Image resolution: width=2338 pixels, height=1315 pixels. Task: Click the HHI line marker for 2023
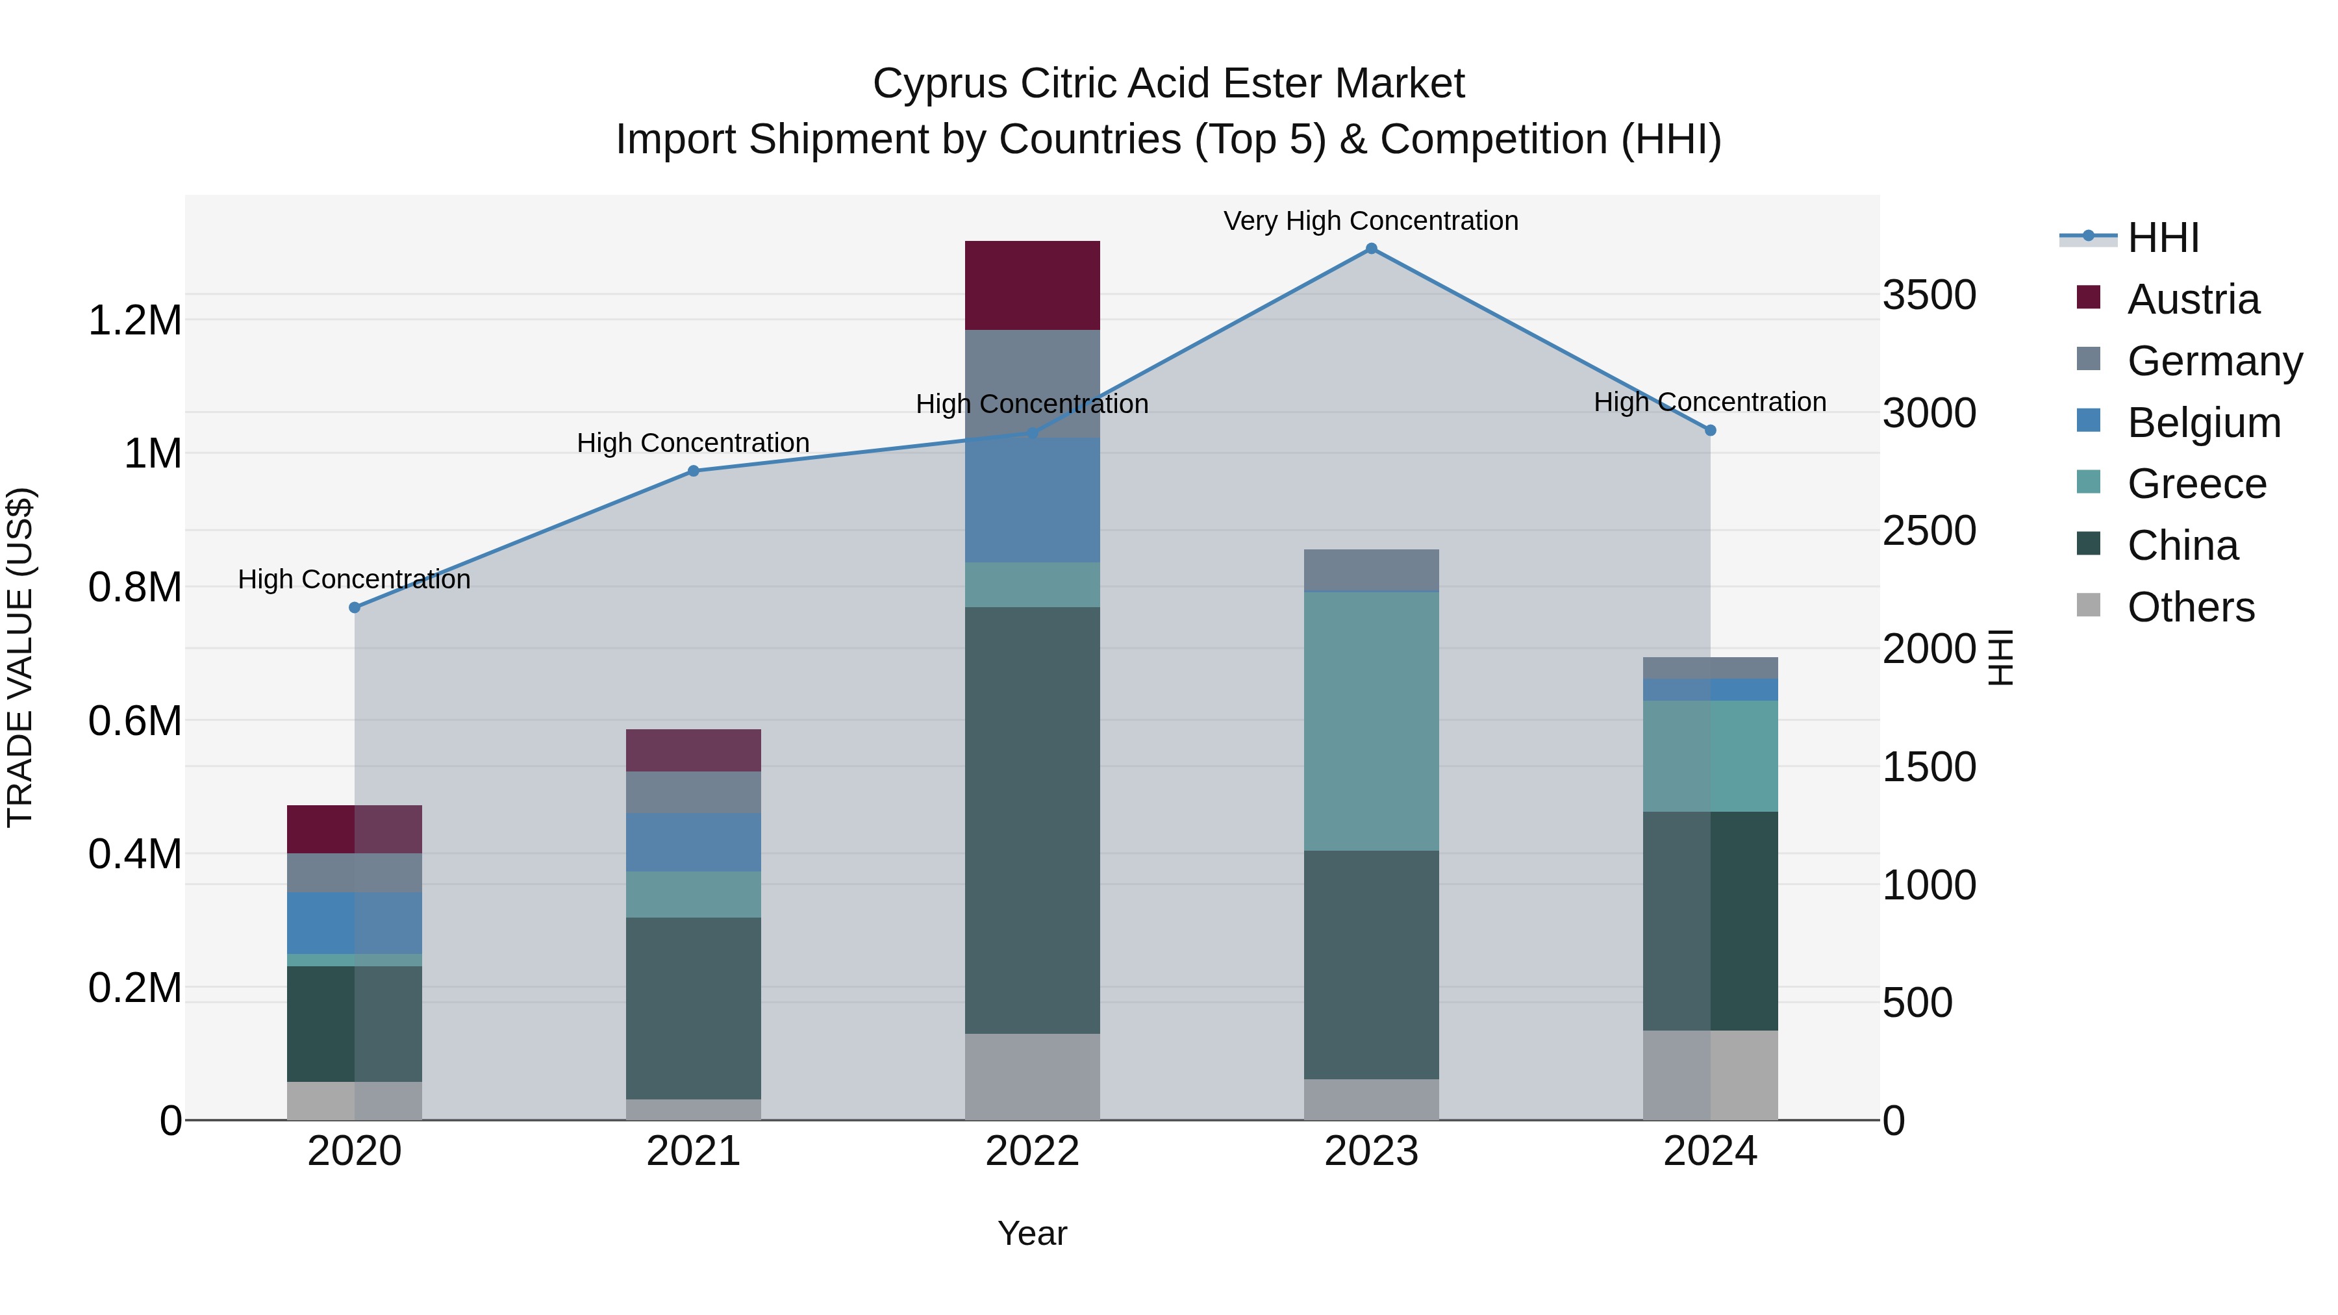click(x=1370, y=249)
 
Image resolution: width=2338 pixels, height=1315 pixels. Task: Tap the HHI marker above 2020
click(x=355, y=607)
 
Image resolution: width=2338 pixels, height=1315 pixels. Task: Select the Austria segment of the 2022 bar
click(x=1032, y=285)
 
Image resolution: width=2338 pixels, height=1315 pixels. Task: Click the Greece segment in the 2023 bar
click(x=1370, y=721)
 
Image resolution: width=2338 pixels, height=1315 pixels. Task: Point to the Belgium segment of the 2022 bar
click(x=1032, y=500)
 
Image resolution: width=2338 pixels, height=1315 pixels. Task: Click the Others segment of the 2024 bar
click(x=1710, y=1075)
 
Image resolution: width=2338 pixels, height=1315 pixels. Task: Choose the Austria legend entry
click(x=2192, y=299)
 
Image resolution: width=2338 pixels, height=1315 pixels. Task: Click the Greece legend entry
click(x=2196, y=484)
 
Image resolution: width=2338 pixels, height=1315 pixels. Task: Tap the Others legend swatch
click(x=2089, y=605)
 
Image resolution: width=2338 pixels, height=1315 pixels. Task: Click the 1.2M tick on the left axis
click(x=134, y=320)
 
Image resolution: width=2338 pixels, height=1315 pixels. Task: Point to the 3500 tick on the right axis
click(x=1929, y=295)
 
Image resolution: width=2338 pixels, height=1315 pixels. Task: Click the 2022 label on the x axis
click(x=1032, y=1151)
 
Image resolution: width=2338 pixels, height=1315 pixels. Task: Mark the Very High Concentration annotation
click(x=1370, y=221)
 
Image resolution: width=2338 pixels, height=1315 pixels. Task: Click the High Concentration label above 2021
click(x=694, y=443)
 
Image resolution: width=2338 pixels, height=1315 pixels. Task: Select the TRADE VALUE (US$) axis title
click(x=20, y=657)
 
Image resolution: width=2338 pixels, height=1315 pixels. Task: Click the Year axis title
click(x=1032, y=1233)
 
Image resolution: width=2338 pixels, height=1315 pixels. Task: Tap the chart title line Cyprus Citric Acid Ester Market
click(x=1168, y=84)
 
